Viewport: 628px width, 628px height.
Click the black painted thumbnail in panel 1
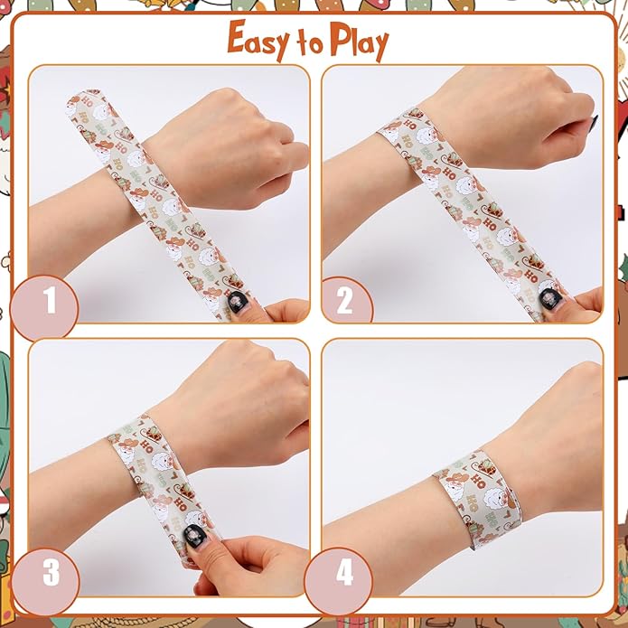click(235, 300)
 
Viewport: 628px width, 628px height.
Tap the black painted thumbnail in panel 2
click(547, 296)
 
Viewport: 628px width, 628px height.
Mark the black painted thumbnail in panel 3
click(194, 535)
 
